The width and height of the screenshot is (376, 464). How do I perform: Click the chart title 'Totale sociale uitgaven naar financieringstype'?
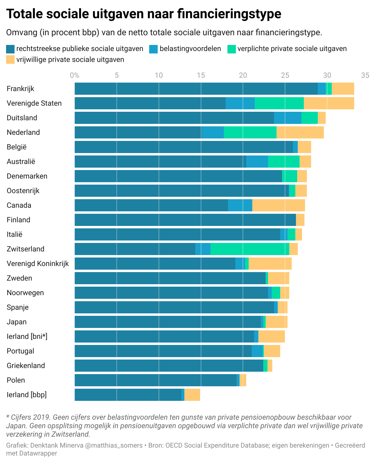(144, 14)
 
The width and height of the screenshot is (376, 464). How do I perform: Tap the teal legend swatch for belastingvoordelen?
(153, 49)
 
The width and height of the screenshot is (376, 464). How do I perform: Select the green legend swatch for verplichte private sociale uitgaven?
(231, 49)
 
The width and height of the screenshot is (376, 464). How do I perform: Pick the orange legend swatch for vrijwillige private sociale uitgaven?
(10, 60)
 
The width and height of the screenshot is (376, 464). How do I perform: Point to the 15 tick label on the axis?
(201, 75)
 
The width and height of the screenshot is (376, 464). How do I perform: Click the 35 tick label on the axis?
(365, 75)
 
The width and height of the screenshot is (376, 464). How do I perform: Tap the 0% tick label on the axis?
(75, 75)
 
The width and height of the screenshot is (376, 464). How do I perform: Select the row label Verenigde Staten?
(34, 103)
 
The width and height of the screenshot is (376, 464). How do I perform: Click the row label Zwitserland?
(25, 249)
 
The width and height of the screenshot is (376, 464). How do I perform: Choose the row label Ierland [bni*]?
(27, 336)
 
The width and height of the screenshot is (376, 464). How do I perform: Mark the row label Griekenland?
(26, 366)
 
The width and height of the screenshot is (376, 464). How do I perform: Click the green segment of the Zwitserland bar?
(250, 249)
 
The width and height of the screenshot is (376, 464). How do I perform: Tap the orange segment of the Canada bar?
(278, 205)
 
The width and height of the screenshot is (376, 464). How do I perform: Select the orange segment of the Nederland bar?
(300, 132)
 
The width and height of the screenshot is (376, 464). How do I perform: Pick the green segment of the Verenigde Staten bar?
(279, 103)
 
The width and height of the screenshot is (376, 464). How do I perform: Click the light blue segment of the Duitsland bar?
(287, 118)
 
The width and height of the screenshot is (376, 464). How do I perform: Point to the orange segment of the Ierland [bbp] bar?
(192, 395)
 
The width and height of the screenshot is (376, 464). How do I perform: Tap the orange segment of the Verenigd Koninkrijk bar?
(270, 264)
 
